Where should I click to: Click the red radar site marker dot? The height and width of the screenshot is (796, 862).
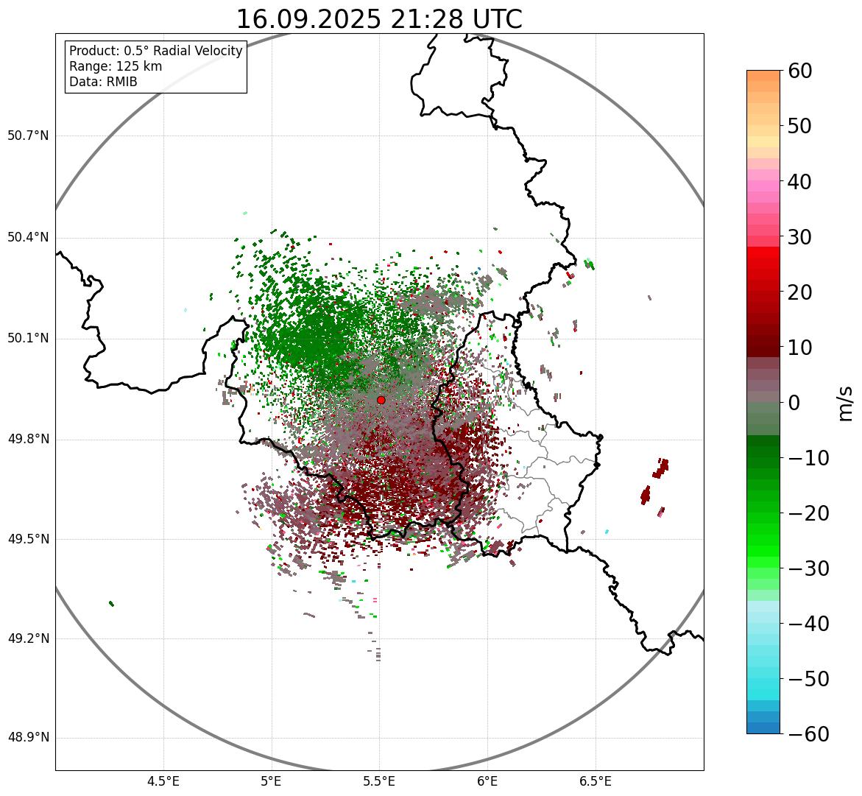point(381,400)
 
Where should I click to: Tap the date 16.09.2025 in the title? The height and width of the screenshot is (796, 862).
point(308,19)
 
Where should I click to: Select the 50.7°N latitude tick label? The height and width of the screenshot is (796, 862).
point(28,136)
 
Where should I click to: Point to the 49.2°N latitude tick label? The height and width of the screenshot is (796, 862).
point(28,638)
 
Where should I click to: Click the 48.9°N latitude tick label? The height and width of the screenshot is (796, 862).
point(28,738)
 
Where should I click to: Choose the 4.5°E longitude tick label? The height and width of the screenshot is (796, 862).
point(163,781)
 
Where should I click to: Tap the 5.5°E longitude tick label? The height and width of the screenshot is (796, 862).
point(379,781)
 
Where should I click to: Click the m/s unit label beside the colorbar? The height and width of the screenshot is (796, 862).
point(846,403)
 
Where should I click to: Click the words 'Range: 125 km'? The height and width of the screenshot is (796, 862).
point(116,66)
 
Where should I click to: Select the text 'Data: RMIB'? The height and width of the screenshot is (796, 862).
point(103,82)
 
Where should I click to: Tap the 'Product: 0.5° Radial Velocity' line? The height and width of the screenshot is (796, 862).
point(155,51)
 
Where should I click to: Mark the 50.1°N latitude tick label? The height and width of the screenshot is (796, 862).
point(28,339)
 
